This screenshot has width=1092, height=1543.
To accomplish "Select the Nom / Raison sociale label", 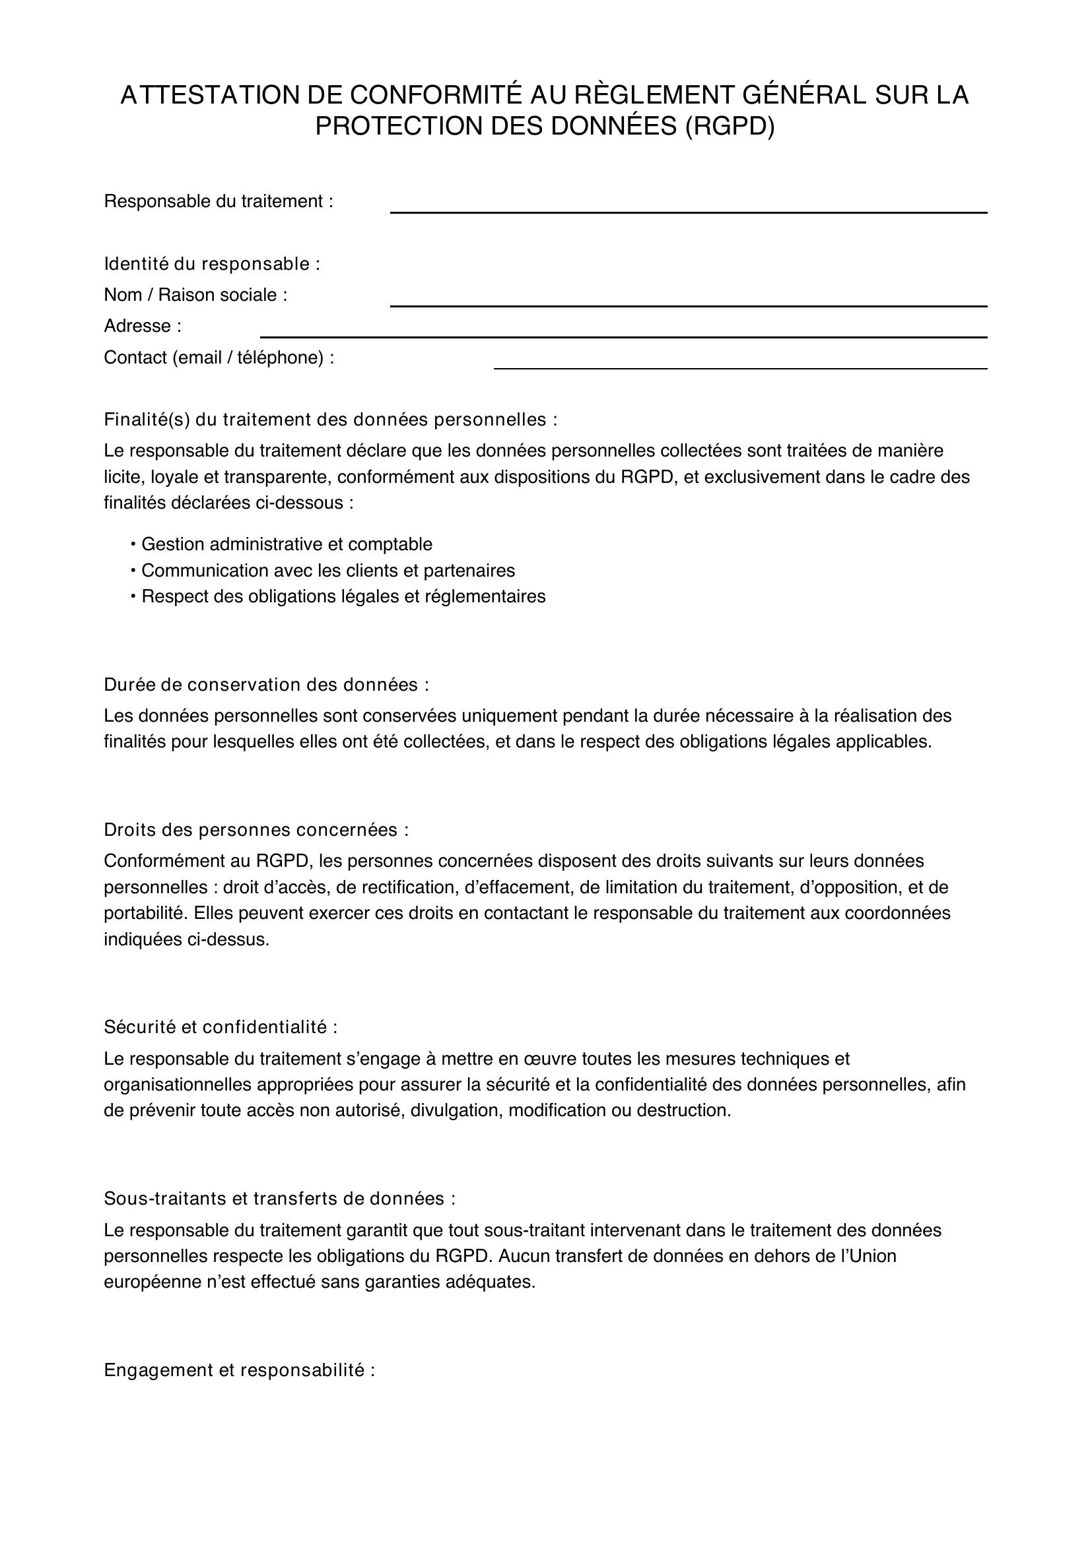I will tap(195, 295).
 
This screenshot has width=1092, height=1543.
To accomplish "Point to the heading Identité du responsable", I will tap(212, 264).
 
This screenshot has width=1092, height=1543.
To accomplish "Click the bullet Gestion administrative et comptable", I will tap(287, 544).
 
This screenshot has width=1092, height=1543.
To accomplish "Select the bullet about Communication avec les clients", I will tap(327, 571).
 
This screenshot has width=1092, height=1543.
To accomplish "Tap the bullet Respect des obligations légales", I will tap(343, 596).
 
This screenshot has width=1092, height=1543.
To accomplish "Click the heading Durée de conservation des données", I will tap(265, 685).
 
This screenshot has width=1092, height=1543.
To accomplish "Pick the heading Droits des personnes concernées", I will tap(256, 830).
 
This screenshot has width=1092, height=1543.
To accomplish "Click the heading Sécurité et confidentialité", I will tap(220, 1027).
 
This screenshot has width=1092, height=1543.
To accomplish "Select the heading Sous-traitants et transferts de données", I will tap(279, 1198).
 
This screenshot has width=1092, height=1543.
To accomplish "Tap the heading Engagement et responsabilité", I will tap(239, 1370).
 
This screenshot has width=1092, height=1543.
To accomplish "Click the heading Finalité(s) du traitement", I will tap(329, 420).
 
